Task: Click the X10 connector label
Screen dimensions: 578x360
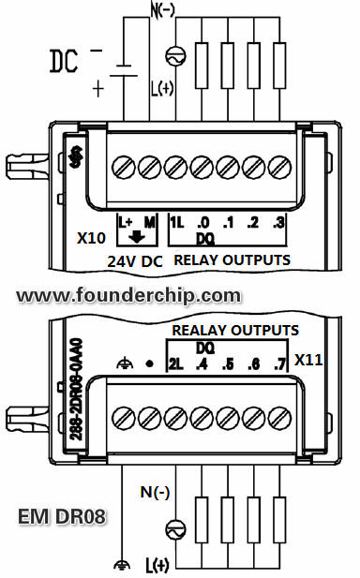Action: coord(91,238)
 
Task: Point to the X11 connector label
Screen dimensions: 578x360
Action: coord(309,359)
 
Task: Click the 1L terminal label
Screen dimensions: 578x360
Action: coord(177,223)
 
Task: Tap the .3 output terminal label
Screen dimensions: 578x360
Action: coord(277,223)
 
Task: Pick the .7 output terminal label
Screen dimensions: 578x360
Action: coord(277,362)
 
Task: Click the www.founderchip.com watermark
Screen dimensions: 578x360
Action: coord(128,295)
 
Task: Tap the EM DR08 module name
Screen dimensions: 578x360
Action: coord(62,516)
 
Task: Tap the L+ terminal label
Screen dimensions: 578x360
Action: coord(125,223)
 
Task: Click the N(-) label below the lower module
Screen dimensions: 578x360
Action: coord(157,491)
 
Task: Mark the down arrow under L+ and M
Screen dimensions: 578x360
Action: coord(137,239)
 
